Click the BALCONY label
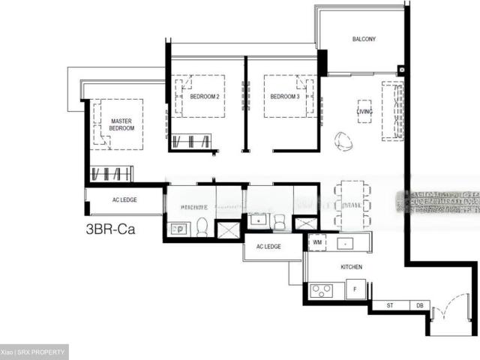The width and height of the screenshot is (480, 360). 364,39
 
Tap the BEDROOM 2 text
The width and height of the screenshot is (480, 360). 204,97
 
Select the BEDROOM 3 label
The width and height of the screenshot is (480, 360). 285,97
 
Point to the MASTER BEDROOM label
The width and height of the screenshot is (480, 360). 121,124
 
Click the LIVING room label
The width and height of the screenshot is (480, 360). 364,112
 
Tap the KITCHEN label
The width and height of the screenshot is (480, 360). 351,267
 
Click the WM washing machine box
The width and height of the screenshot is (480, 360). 318,243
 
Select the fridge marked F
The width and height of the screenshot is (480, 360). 355,289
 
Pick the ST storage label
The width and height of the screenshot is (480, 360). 390,305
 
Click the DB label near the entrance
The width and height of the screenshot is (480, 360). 418,305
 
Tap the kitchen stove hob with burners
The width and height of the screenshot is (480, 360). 322,289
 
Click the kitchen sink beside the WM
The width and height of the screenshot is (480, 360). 345,243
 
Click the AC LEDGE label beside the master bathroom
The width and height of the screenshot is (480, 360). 124,201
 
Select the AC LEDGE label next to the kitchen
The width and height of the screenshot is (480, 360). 268,247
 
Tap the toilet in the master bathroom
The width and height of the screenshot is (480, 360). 202,226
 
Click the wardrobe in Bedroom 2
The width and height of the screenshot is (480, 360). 192,141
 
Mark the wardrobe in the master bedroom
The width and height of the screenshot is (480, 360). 111,174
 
